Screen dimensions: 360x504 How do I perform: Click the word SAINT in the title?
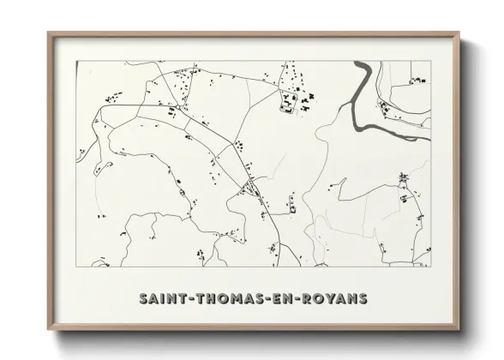(164, 298)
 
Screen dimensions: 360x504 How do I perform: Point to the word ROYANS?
(335, 298)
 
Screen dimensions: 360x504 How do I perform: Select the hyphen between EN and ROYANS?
(299, 298)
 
